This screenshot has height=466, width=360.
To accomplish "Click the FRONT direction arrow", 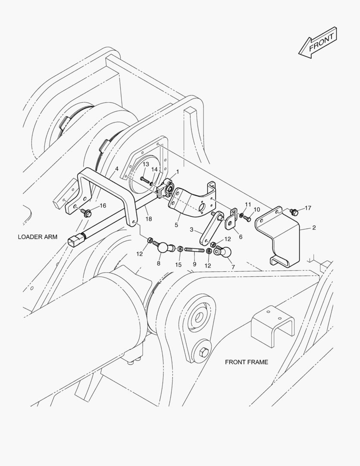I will pos(318,43).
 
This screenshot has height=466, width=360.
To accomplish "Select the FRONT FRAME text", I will pos(246,362).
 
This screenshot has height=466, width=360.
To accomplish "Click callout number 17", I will pos(308,208).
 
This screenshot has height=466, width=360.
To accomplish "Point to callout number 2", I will pos(314,227).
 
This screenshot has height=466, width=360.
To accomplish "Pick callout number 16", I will pos(103,205).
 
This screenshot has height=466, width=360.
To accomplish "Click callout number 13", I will pos(146,164).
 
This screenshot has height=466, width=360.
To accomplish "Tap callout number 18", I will pos(148,219).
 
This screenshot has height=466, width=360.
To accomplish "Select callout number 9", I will pos(194,264).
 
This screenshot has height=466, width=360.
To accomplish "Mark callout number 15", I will pos(178,264).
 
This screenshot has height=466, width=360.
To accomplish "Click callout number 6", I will pos(241,236).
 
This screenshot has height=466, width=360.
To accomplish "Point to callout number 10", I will pos(257,209).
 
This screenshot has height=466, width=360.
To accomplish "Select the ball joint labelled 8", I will pos(163,248).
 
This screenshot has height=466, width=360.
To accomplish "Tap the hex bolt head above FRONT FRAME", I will pos(204,353).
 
